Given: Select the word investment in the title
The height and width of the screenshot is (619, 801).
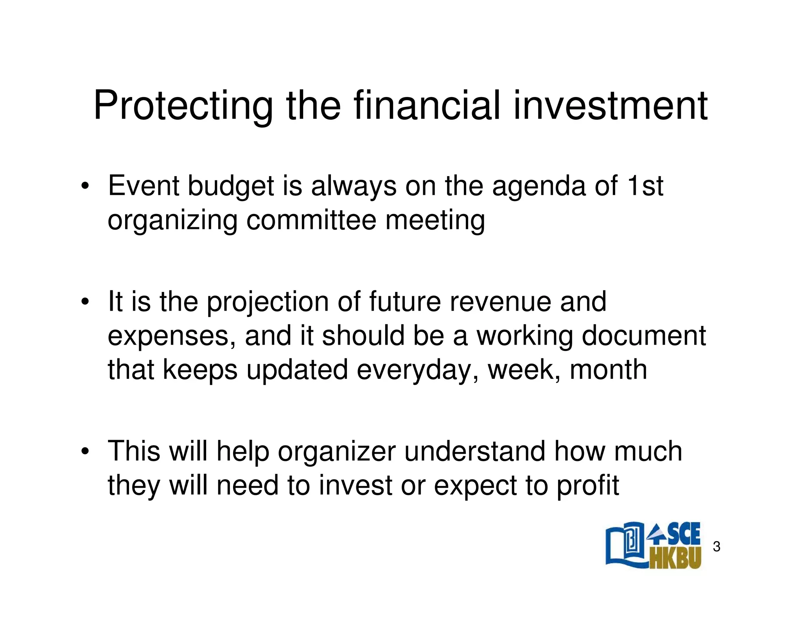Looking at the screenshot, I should coord(610,106).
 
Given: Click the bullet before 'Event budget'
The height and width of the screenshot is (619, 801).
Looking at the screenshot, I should coord(84,187).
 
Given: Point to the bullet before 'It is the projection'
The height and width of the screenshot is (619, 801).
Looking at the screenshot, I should coord(84,302).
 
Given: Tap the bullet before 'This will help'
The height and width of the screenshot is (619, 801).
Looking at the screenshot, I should coord(84,452).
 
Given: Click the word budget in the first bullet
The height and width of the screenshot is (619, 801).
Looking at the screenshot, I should coord(231,186).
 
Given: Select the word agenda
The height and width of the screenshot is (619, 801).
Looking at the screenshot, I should coord(539,186).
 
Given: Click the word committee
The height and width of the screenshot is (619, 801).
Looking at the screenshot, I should coord(311,220).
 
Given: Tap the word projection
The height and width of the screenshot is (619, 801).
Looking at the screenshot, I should coord(268,302).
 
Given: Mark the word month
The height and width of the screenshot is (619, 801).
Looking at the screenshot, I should coord(608,370).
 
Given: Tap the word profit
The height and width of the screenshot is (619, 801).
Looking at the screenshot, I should coord(588,486).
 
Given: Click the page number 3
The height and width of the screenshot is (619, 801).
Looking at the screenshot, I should coord(717,547).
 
